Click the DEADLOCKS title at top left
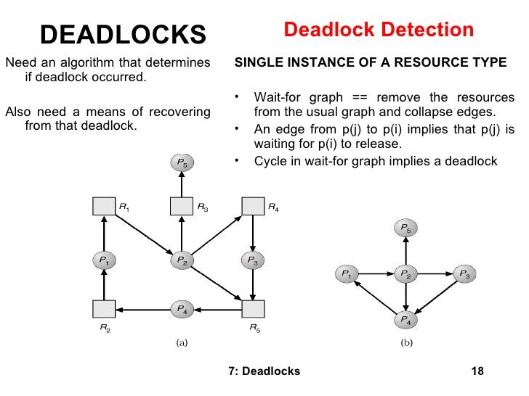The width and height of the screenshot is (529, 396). coord(123,33)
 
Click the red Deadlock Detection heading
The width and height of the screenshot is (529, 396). coord(378,30)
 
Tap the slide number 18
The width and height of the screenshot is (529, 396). coord(477,371)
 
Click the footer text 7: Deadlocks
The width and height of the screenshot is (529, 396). coord(263,371)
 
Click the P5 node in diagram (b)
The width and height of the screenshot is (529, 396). coord(405,230)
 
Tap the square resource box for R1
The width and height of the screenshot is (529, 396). coord(105,206)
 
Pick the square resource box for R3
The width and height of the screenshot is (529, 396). coord(181,206)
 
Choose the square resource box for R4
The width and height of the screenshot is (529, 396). coord(252,206)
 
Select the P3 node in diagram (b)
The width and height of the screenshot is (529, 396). coord(465,274)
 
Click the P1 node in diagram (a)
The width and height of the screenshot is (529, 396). coord(105,260)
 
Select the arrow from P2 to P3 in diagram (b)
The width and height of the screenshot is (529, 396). coord(435,274)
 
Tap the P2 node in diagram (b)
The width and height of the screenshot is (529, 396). coord(405,274)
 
